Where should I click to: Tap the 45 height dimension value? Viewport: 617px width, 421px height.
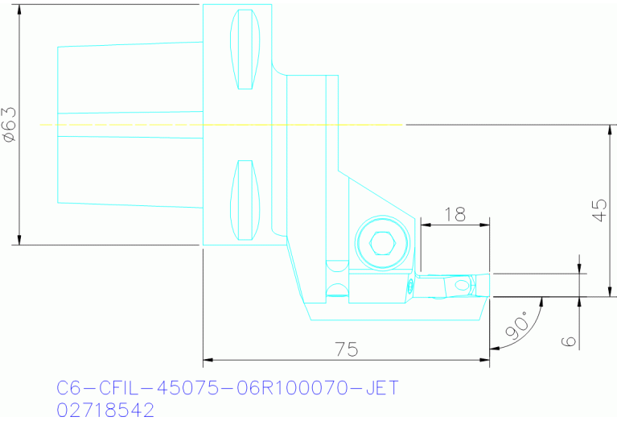click(x=598, y=210)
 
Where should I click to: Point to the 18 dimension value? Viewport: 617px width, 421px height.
click(x=455, y=214)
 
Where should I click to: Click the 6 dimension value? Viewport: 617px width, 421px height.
click(x=570, y=340)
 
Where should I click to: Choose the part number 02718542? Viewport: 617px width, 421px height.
click(x=105, y=410)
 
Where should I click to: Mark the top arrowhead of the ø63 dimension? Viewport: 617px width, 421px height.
click(x=20, y=9)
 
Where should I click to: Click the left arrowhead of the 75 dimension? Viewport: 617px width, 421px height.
click(x=208, y=359)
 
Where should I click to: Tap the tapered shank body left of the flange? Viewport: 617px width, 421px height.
click(x=129, y=125)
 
